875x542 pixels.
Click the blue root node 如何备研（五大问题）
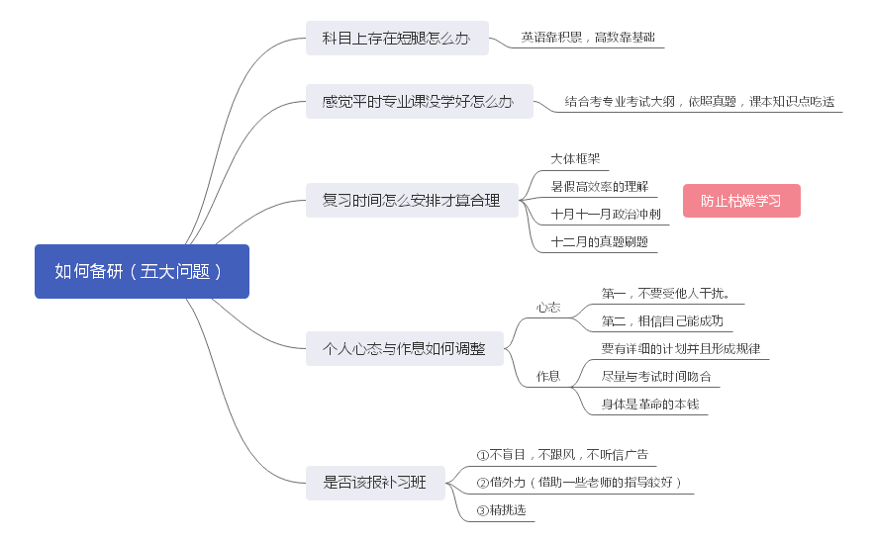coord(142,271)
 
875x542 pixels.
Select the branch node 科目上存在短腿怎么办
coord(397,39)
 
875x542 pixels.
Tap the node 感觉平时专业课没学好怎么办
coord(419,102)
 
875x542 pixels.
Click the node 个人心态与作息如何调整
coord(404,348)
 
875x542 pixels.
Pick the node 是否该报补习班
coord(374,483)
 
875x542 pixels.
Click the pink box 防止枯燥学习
coord(740,201)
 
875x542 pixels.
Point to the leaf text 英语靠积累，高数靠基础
coord(587,38)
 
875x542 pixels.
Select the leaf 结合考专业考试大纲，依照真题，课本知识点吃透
coord(699,101)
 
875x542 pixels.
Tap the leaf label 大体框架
coord(574,158)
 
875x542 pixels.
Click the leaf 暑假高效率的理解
coord(599,186)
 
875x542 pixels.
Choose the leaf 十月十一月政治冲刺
coord(605,214)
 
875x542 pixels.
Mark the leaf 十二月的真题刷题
coord(599,241)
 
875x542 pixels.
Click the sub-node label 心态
coord(548,308)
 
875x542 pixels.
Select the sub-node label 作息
coord(548,376)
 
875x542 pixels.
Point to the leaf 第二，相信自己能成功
coord(661,320)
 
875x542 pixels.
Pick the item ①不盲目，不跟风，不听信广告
coord(562,455)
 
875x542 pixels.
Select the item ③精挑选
coord(500,510)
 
